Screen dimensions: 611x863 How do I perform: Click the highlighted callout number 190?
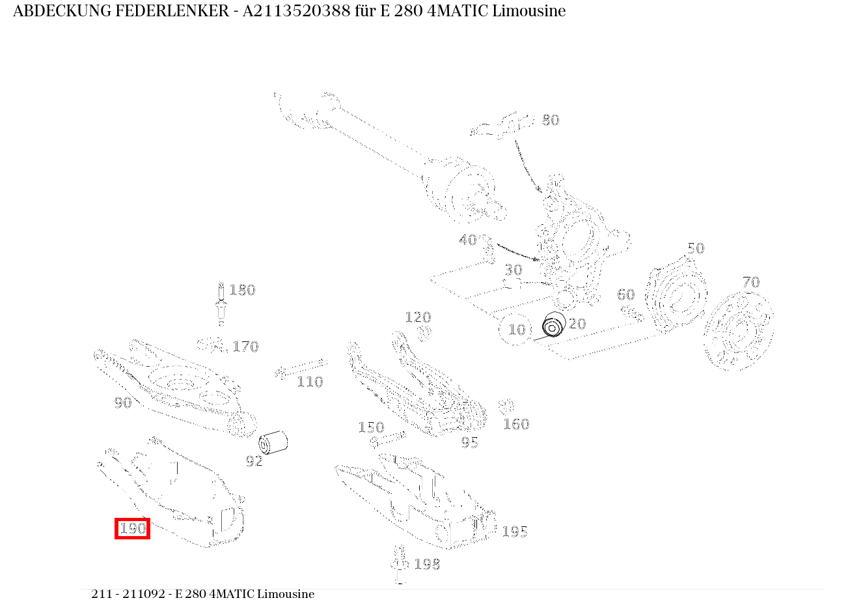click(133, 528)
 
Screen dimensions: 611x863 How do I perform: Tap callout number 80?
click(550, 120)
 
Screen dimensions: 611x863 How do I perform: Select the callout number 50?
click(695, 248)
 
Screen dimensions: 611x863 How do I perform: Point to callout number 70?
click(750, 282)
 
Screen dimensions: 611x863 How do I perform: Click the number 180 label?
click(242, 290)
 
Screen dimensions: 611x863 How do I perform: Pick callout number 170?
click(245, 347)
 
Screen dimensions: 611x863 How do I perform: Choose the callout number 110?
click(310, 382)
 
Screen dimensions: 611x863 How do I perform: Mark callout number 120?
click(417, 317)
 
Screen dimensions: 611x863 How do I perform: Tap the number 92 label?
click(254, 461)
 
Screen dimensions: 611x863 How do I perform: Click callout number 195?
click(514, 532)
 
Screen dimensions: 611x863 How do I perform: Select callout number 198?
click(427, 564)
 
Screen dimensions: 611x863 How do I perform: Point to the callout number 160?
click(515, 424)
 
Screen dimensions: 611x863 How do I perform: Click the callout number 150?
click(371, 427)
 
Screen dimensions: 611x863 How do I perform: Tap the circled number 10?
click(516, 330)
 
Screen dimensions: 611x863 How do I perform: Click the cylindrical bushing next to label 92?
click(273, 442)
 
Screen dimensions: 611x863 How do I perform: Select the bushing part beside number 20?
click(554, 324)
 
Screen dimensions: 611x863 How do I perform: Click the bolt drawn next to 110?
click(301, 368)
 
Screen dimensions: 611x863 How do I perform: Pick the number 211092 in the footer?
click(147, 594)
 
